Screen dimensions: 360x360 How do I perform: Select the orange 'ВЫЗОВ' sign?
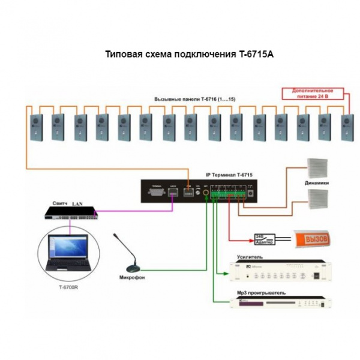[x=311, y=239]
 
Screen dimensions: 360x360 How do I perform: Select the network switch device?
[x=73, y=211]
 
